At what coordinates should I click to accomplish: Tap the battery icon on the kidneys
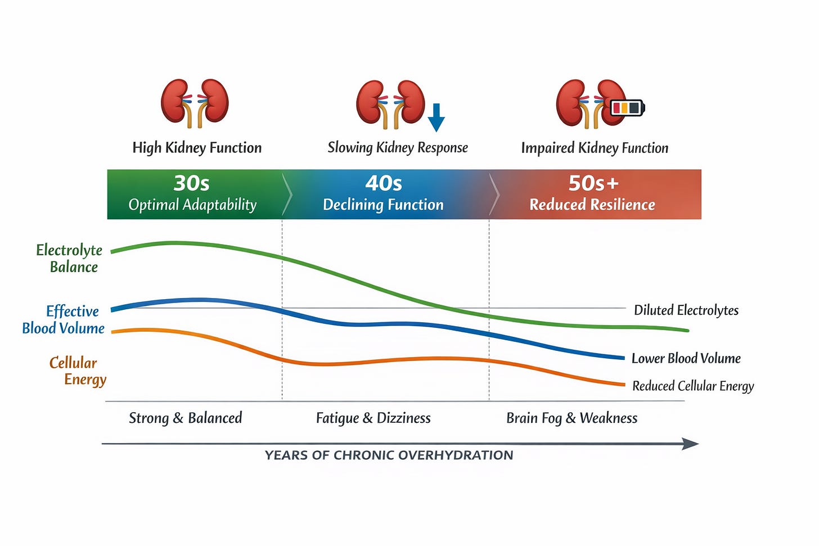(628, 107)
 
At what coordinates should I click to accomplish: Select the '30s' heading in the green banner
(192, 183)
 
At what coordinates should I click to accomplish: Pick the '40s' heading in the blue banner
(384, 183)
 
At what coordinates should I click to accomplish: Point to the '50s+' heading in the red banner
(593, 183)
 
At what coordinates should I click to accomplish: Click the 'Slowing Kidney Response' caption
(398, 148)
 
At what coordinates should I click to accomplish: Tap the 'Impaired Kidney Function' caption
(595, 148)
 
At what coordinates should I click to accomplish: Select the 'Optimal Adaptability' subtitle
(192, 205)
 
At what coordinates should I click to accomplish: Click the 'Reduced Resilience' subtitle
(592, 205)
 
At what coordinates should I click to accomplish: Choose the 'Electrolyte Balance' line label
(70, 258)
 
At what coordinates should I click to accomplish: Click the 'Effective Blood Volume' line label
(64, 319)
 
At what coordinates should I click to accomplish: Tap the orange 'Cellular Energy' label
(78, 371)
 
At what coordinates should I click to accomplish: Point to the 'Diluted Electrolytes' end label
(686, 310)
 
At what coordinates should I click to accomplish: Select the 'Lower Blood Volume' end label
(686, 359)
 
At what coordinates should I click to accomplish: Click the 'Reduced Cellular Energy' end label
(693, 386)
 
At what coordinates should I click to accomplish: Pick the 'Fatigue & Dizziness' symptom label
(373, 418)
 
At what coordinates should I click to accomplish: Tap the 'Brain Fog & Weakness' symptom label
(572, 418)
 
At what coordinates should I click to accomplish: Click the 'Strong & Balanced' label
(186, 418)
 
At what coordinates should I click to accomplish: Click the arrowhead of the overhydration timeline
(691, 444)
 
